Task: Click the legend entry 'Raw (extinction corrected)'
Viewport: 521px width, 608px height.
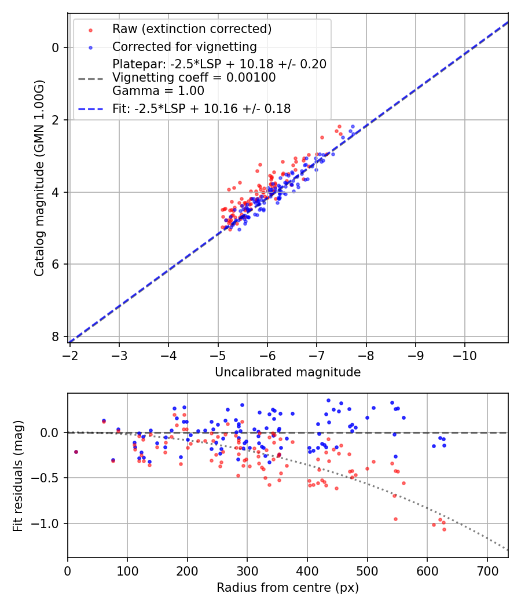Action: [192, 29]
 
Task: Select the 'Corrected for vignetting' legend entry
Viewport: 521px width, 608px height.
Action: [184, 46]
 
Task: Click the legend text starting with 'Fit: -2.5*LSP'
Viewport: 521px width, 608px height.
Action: [201, 108]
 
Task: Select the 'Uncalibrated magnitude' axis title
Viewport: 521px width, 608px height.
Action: [288, 372]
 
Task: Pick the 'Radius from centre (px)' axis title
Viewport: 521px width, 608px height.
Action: [288, 588]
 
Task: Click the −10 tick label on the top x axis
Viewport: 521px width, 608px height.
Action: [464, 354]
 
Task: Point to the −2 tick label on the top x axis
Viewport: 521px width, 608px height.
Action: [69, 354]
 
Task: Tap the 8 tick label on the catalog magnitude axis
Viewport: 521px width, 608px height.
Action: [56, 336]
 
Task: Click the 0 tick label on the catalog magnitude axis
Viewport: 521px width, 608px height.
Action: [56, 47]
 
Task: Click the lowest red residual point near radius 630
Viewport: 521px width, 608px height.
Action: [444, 529]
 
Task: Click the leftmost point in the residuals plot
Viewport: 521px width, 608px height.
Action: [76, 452]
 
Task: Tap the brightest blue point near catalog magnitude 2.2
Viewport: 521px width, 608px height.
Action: [353, 126]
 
